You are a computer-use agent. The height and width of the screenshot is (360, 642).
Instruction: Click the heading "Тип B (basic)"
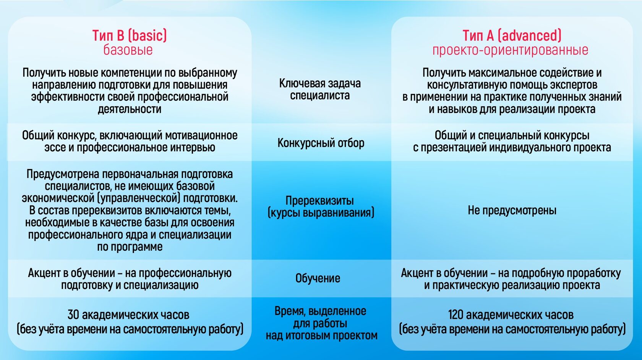click(129, 36)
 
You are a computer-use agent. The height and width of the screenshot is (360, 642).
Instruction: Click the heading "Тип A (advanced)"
click(512, 36)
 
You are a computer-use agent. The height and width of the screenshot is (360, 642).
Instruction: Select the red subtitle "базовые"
click(128, 50)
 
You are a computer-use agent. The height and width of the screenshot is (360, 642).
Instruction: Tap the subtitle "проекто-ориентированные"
click(510, 50)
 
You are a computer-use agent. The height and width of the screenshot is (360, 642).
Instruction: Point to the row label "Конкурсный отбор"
click(321, 143)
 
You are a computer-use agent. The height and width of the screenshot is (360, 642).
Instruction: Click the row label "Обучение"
click(318, 278)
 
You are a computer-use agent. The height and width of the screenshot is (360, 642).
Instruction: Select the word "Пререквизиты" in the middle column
click(319, 201)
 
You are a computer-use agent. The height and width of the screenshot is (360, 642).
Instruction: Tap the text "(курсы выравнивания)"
click(321, 213)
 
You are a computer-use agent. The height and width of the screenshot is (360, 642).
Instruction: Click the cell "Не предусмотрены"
click(512, 210)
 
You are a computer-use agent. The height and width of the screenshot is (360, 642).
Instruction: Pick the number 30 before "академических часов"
click(73, 315)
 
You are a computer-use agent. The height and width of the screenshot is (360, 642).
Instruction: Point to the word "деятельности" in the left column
click(130, 109)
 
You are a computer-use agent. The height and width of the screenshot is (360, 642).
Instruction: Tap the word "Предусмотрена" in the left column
click(63, 174)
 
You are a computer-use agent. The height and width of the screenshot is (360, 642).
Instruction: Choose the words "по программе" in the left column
click(130, 247)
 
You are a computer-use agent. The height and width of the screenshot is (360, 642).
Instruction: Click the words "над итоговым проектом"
click(322, 336)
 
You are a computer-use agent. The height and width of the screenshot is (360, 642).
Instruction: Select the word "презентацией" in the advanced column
click(453, 148)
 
